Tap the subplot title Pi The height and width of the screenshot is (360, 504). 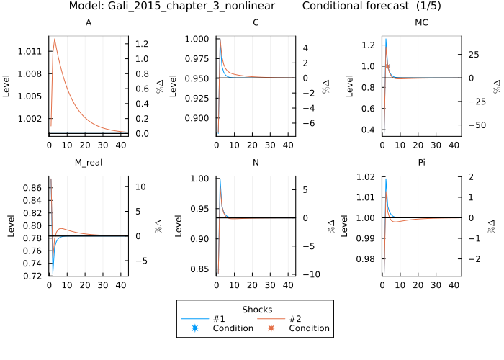pyautogui.click(x=422, y=163)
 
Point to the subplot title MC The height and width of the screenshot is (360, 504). pyautogui.click(x=422, y=23)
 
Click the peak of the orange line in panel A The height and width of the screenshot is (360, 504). pyautogui.click(x=55, y=39)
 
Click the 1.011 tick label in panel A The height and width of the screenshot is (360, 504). pyautogui.click(x=33, y=51)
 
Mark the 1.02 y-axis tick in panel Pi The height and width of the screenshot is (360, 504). pyautogui.click(x=366, y=177)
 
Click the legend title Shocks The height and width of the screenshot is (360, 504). pyautogui.click(x=255, y=308)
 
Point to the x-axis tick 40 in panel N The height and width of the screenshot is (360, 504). pyautogui.click(x=289, y=284)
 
